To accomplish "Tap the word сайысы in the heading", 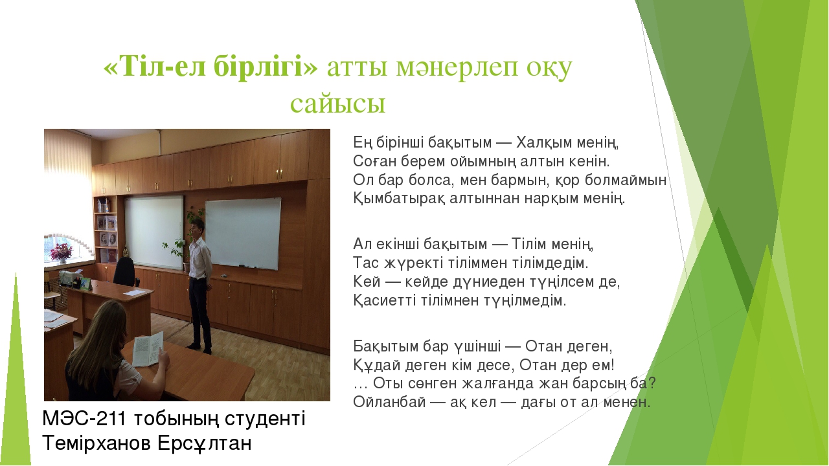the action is [x=338, y=103].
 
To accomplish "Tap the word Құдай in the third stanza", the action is [x=377, y=366].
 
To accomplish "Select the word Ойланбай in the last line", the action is [x=389, y=402].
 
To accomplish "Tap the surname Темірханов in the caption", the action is [x=97, y=443].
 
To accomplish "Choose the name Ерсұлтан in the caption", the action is [x=205, y=443].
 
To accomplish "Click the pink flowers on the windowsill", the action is [x=60, y=251].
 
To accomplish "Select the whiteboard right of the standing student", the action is [x=243, y=233].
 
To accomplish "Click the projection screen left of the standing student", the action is [x=153, y=232].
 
